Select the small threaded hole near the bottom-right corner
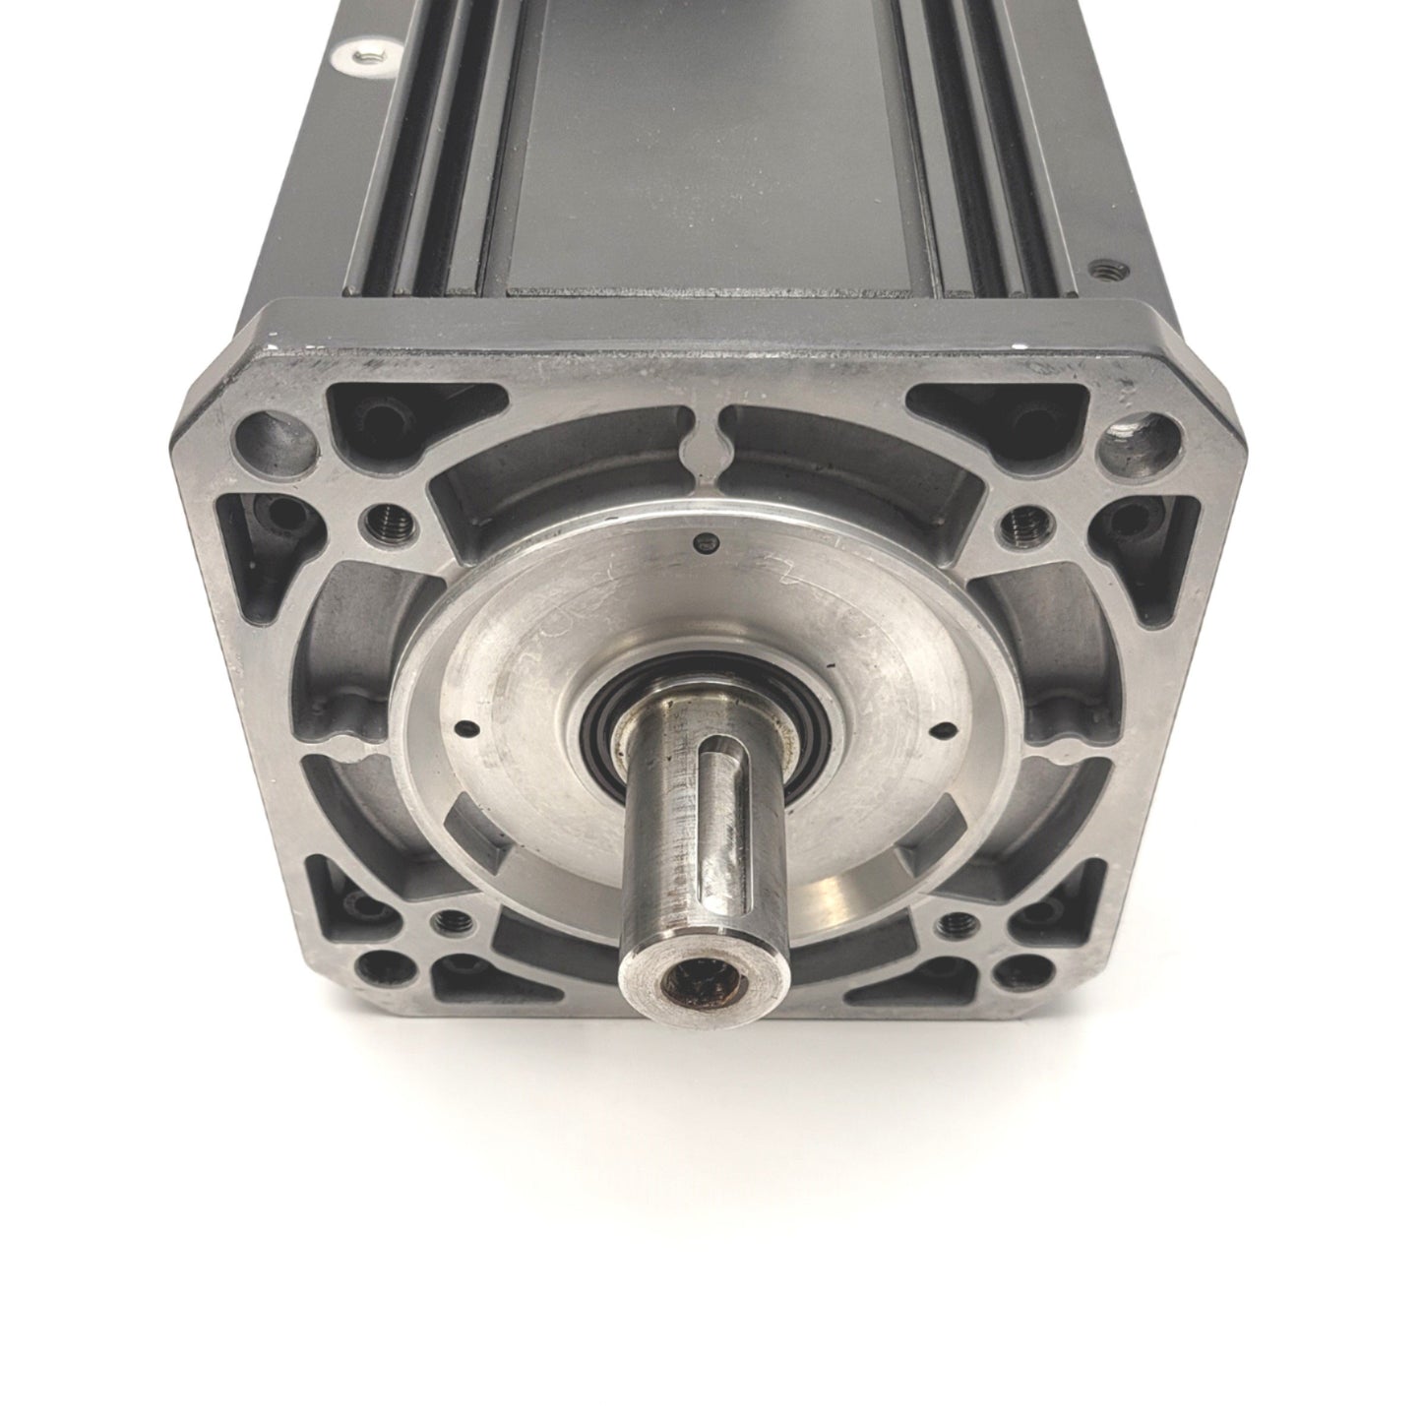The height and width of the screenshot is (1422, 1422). [x=953, y=923]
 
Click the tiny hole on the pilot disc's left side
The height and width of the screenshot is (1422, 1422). [x=463, y=730]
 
